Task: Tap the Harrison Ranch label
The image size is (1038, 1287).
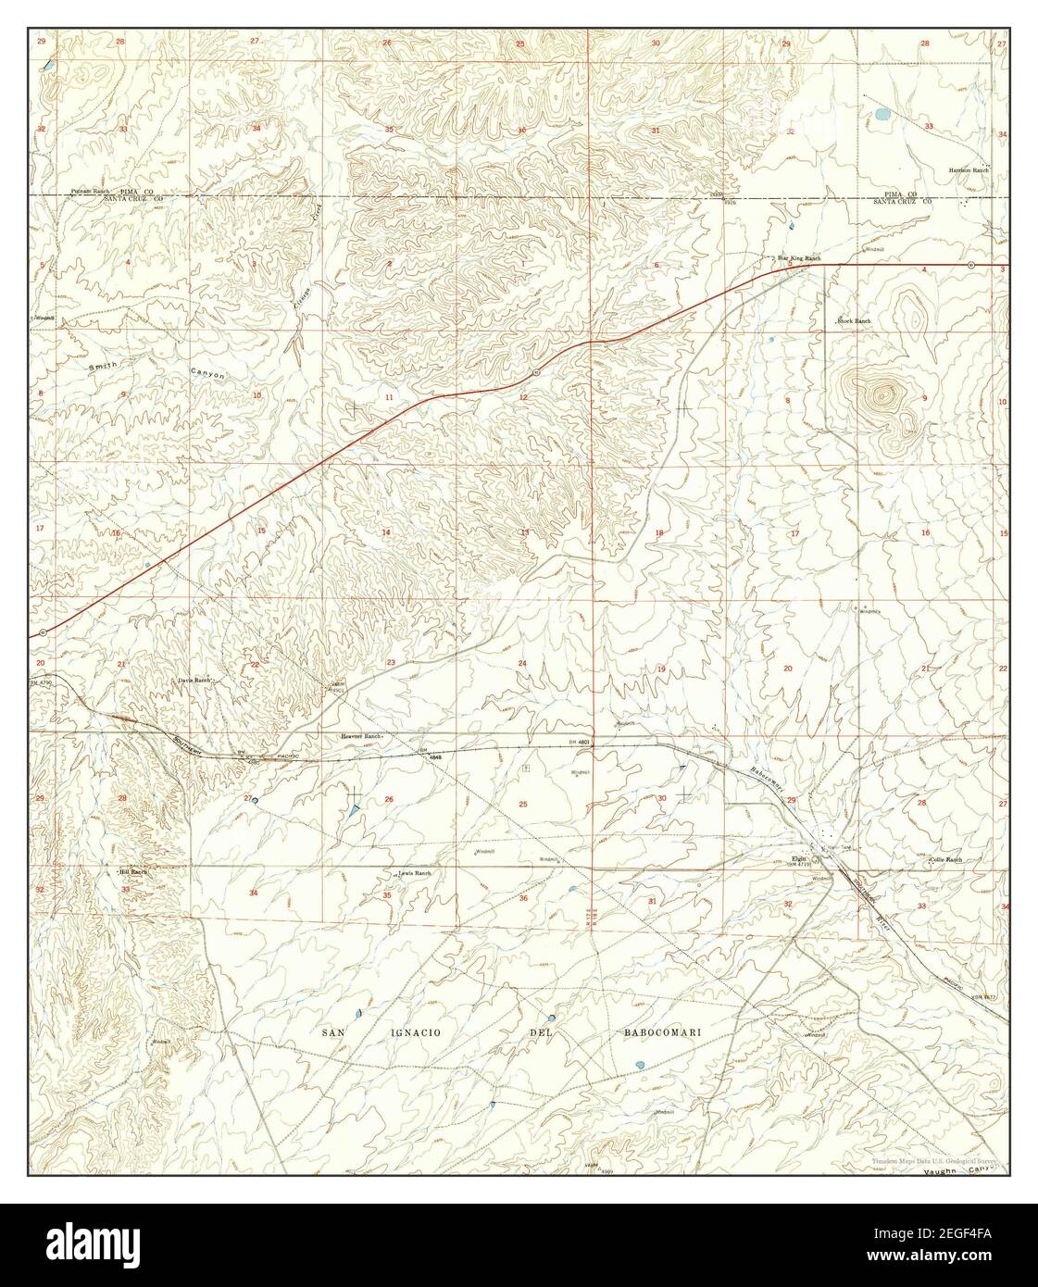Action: [969, 170]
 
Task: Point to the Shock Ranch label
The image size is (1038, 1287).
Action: [854, 320]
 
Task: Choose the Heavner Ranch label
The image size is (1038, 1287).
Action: [361, 736]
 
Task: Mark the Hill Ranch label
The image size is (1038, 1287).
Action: [132, 871]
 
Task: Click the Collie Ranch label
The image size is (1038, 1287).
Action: [945, 859]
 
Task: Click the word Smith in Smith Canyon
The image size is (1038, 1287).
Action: [103, 367]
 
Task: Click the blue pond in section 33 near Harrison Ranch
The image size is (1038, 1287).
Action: [880, 117]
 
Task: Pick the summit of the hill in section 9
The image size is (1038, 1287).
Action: [880, 395]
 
